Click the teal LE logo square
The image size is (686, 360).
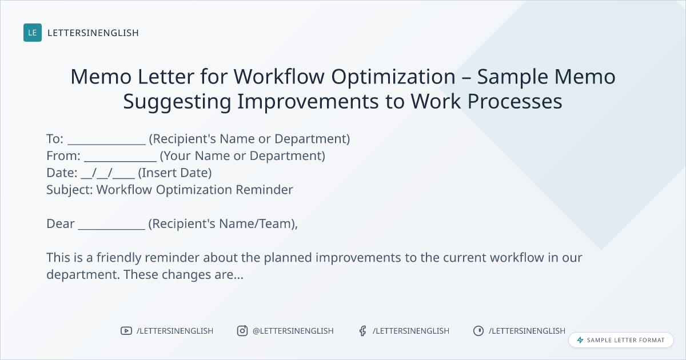click(x=33, y=33)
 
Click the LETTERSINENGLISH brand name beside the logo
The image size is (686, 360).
click(x=93, y=33)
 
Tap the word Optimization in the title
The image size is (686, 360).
click(x=393, y=77)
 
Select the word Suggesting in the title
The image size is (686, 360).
click(x=177, y=102)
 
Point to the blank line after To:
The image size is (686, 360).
click(x=106, y=144)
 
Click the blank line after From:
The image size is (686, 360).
click(x=121, y=161)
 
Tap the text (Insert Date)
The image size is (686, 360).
click(x=175, y=173)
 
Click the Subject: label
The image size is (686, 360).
click(x=70, y=190)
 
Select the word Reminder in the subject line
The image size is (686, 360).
click(x=264, y=190)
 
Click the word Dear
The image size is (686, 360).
click(x=61, y=224)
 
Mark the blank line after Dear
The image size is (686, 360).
click(x=111, y=229)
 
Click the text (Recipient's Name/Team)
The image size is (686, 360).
click(x=222, y=224)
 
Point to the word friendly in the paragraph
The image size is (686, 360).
click(x=119, y=258)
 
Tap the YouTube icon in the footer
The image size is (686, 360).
click(x=126, y=331)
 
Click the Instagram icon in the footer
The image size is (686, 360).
click(x=242, y=331)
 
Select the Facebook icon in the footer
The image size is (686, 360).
click(x=362, y=331)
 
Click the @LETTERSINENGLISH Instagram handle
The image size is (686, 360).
click(x=293, y=331)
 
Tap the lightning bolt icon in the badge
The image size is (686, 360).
click(x=580, y=340)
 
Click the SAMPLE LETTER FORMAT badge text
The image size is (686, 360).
click(x=625, y=340)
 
